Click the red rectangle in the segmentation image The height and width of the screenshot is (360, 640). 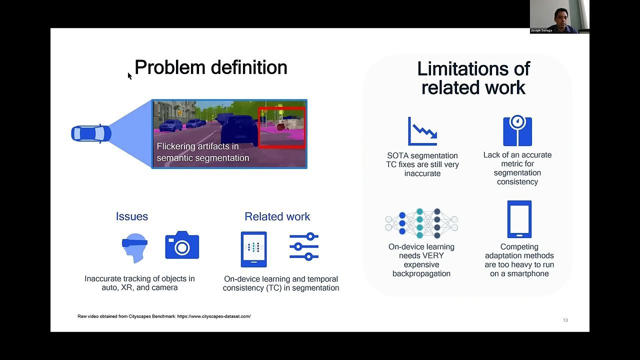(281, 127)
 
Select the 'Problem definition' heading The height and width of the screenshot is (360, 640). (210, 67)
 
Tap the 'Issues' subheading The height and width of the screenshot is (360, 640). (132, 216)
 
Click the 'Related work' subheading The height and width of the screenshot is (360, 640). (277, 216)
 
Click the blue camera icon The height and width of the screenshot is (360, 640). (182, 245)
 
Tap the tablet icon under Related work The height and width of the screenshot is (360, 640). (253, 249)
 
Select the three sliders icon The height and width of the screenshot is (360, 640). (304, 246)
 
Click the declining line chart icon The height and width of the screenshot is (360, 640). (422, 131)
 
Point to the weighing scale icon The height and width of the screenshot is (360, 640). (517, 131)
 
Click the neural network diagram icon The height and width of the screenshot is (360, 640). (421, 223)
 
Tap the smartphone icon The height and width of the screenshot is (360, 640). (519, 219)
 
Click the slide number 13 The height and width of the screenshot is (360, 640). (565, 320)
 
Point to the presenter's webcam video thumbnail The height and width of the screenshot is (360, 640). (559, 16)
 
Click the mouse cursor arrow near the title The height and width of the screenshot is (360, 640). (129, 75)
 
